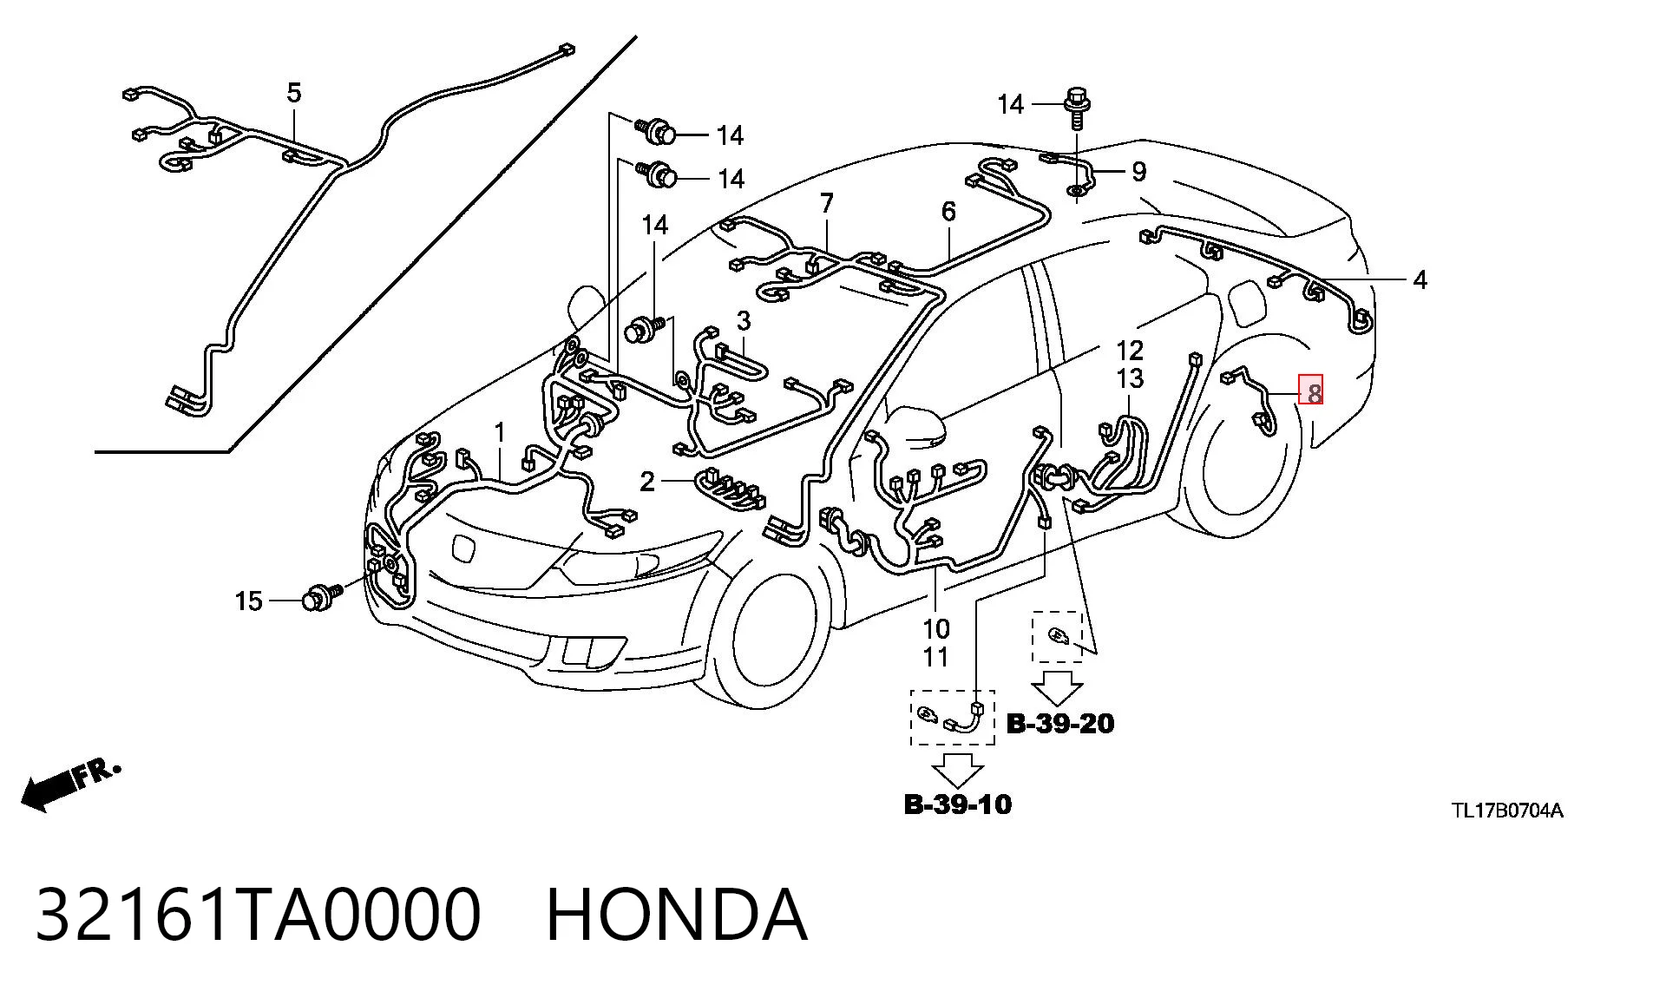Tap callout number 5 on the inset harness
294,92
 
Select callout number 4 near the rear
1420,279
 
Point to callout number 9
1138,172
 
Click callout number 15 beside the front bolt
248,601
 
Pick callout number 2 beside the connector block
646,481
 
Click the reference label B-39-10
957,804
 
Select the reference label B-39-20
1059,723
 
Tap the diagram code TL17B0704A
1508,811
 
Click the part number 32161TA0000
258,914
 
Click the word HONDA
677,914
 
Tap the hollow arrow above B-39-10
958,770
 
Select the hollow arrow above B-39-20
1057,687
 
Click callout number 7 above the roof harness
826,203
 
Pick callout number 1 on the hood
500,431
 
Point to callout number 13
1130,378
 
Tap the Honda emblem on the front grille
462,548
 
